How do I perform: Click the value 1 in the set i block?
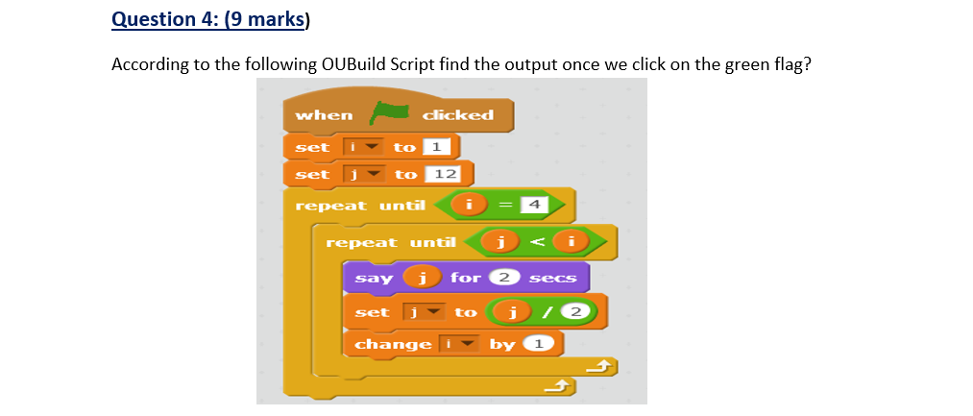436,147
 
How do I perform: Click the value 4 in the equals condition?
534,204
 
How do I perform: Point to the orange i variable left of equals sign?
469,204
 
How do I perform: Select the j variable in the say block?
418,278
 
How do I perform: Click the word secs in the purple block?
552,279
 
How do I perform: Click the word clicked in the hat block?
458,114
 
